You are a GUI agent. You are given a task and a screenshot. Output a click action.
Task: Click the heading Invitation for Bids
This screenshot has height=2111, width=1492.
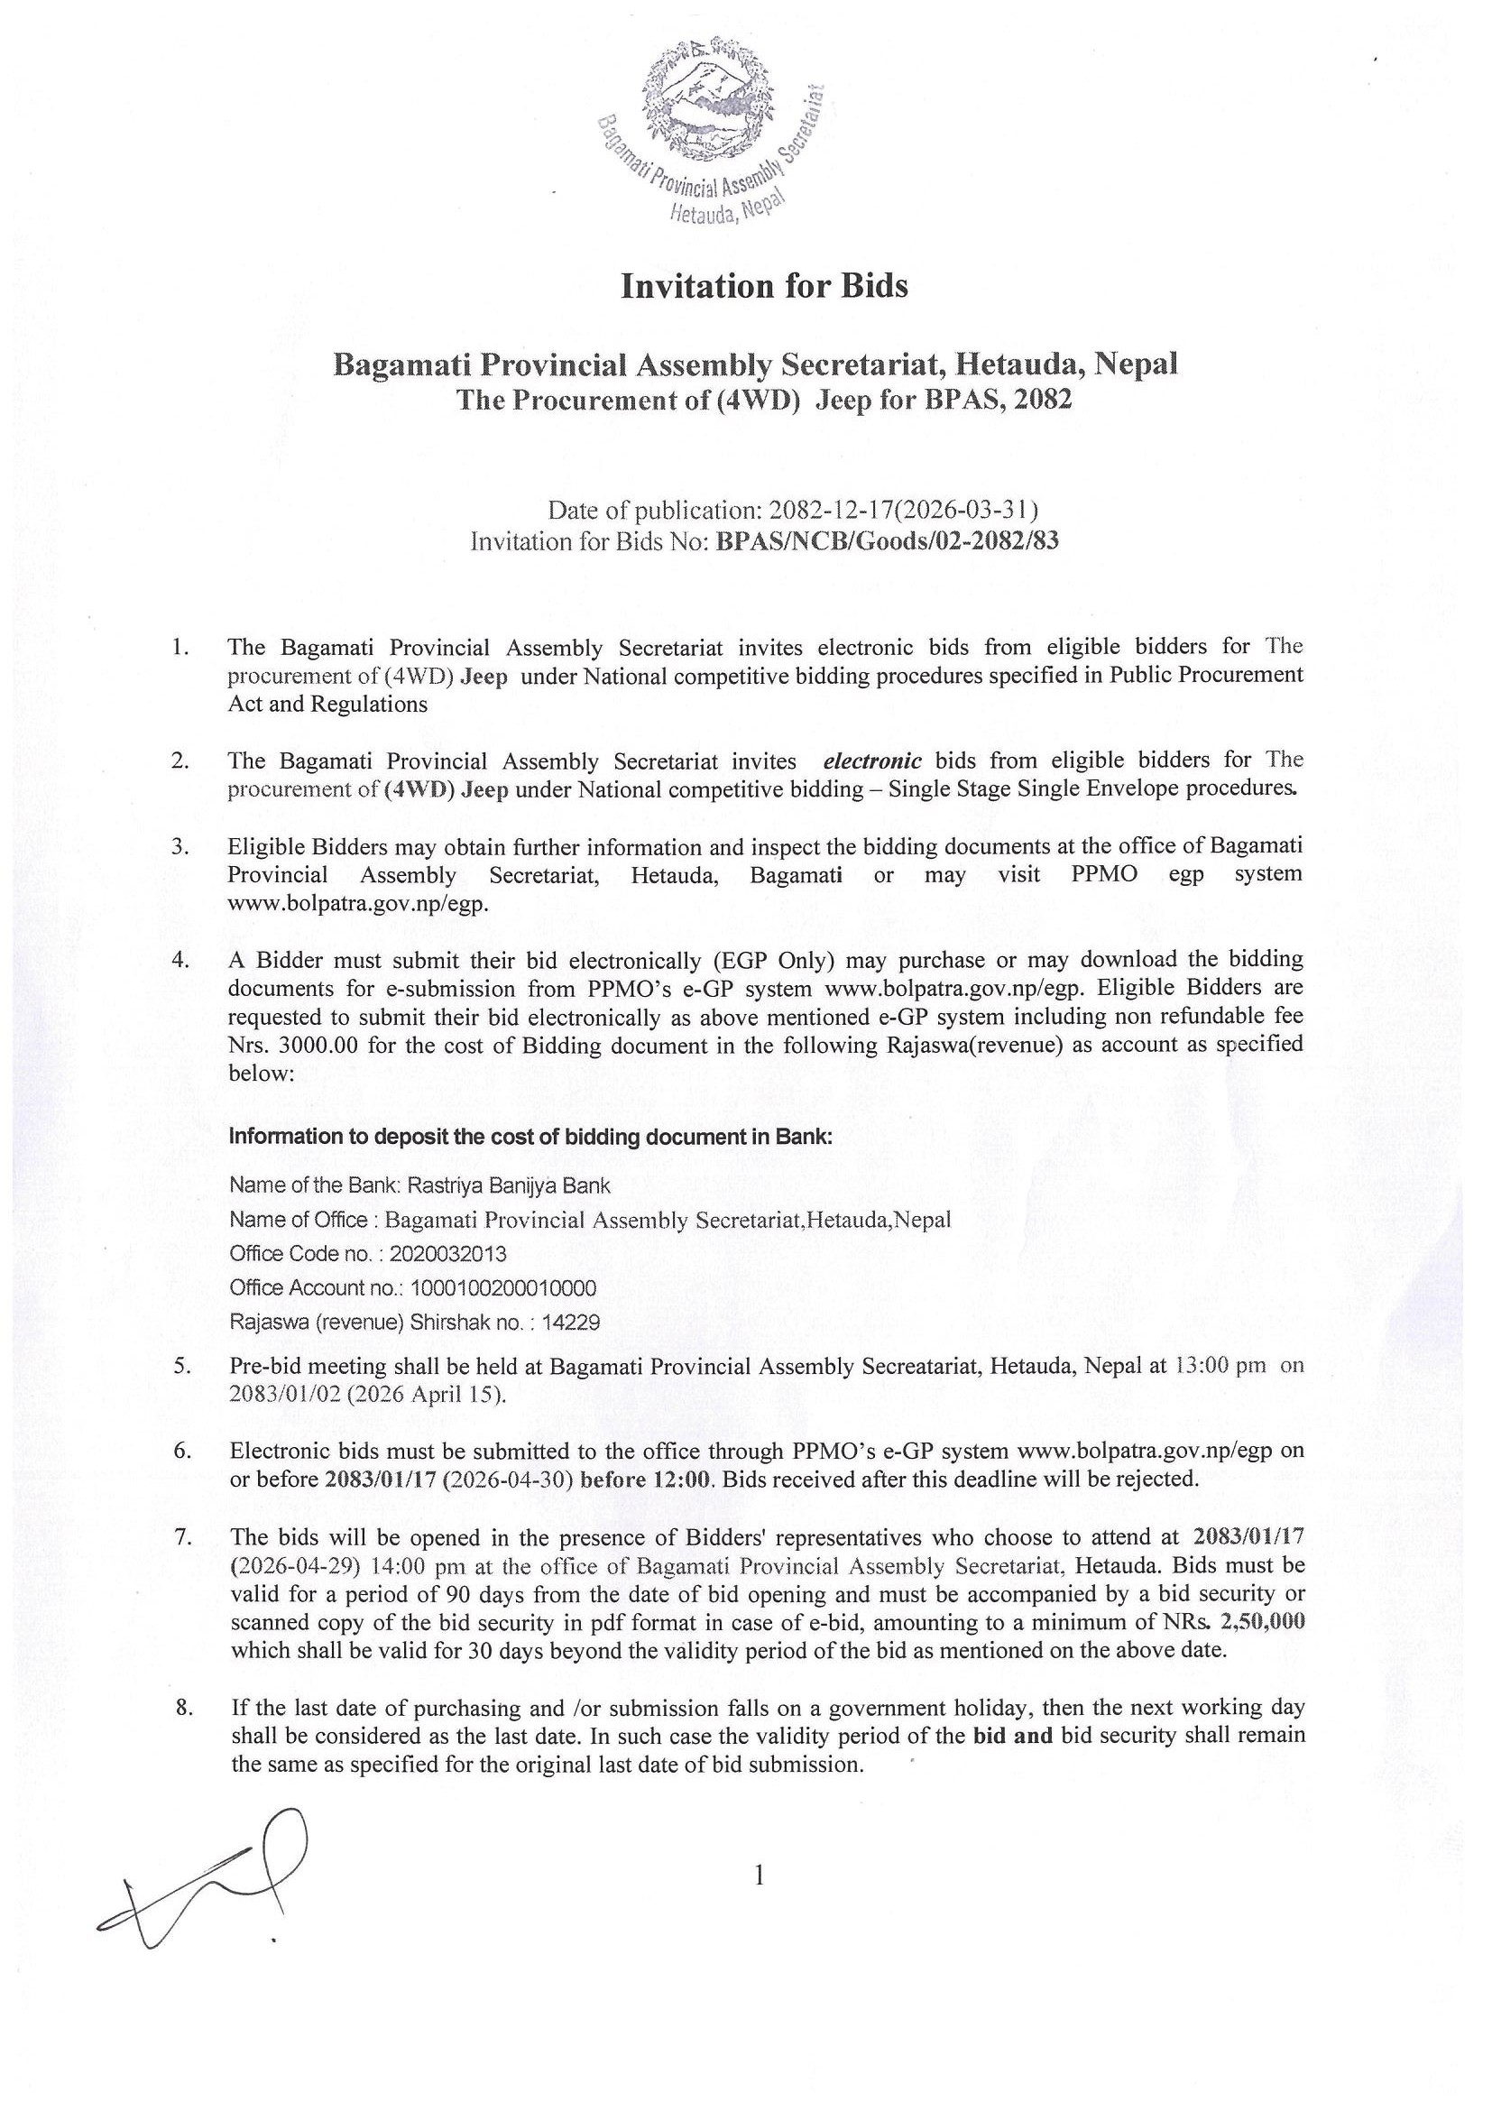764,287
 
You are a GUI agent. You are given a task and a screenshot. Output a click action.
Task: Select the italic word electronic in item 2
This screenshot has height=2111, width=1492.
872,761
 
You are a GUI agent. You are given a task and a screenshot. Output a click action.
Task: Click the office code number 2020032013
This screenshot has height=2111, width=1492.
447,1254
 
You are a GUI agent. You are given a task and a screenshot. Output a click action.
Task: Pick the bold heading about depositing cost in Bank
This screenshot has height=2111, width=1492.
530,1137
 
